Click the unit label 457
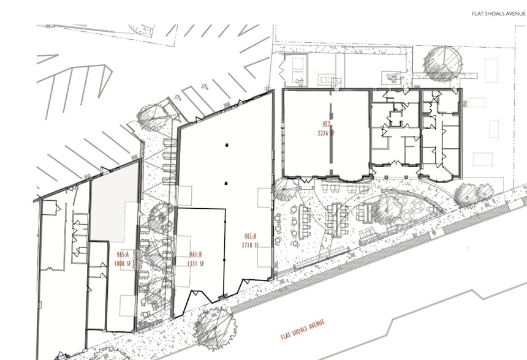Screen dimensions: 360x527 [x=326, y=124]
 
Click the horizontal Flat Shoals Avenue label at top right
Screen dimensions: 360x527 [x=498, y=13]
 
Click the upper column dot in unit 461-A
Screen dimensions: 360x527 [x=227, y=145]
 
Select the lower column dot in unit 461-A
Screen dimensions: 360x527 [x=227, y=182]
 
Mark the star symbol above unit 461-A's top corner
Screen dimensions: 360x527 [x=266, y=90]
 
